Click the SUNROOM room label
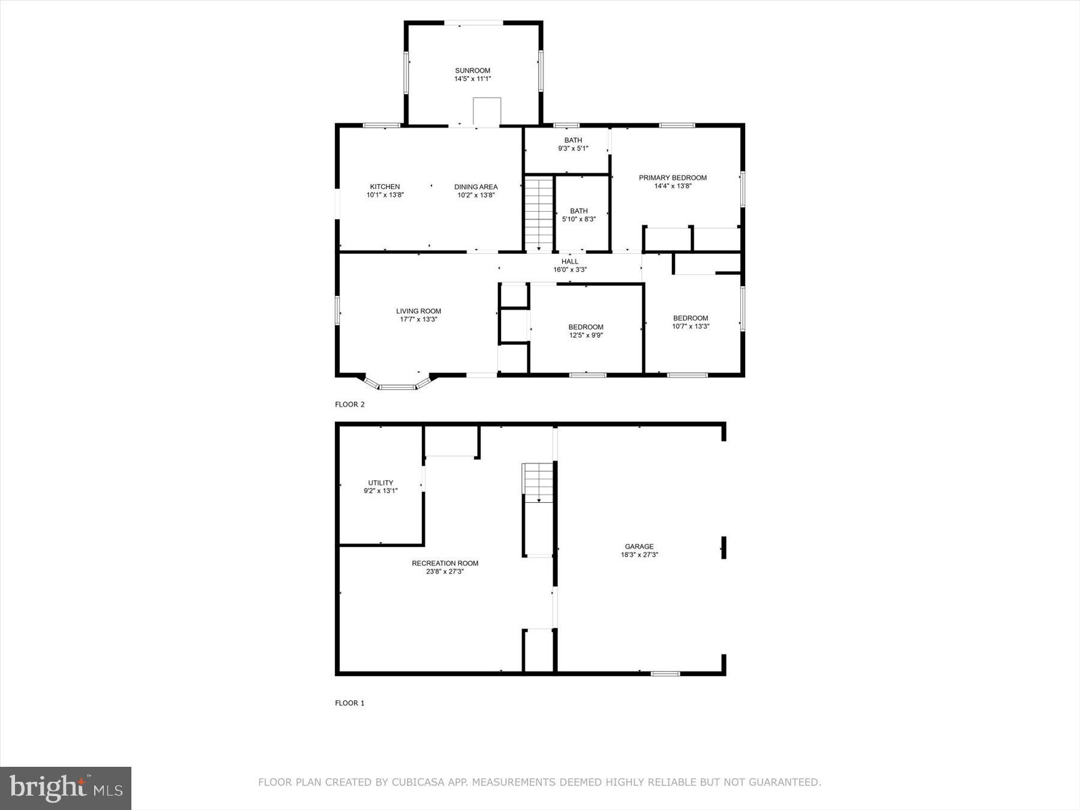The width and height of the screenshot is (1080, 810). tap(472, 71)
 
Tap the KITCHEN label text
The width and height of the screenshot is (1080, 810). tap(385, 187)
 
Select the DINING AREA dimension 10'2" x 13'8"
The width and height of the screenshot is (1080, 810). tap(476, 195)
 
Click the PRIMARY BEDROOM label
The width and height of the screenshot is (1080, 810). tap(673, 178)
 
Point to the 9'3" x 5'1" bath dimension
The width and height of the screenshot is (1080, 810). tap(573, 148)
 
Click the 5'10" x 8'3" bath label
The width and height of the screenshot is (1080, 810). tap(578, 219)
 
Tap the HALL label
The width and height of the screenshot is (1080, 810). tap(569, 262)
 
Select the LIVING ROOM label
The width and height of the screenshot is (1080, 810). tap(418, 311)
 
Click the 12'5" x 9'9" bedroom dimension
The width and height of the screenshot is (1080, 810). tap(586, 335)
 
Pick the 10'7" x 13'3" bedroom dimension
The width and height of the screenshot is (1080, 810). tap(691, 326)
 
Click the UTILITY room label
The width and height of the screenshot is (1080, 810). tap(380, 482)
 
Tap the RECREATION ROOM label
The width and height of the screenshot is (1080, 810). tap(445, 563)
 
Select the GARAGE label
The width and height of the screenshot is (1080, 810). tap(639, 546)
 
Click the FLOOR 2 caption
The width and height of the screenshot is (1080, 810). tap(350, 404)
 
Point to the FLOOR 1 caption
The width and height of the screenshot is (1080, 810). tap(350, 703)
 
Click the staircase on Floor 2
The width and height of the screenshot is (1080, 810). tap(539, 213)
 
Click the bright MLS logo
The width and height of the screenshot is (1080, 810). tap(65, 788)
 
